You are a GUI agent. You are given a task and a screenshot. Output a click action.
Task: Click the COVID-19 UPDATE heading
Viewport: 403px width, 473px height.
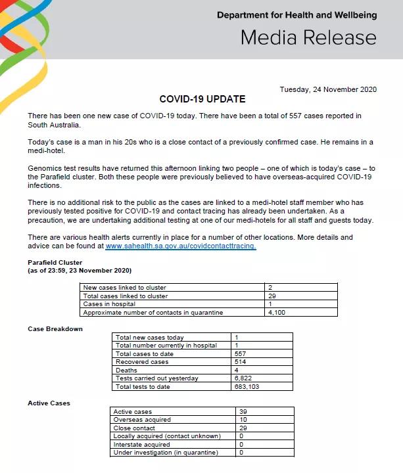coord(202,99)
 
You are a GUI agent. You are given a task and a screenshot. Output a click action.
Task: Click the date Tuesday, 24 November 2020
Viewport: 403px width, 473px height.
coord(328,90)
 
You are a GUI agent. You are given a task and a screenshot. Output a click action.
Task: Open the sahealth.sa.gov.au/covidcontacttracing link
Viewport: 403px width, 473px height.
coord(181,246)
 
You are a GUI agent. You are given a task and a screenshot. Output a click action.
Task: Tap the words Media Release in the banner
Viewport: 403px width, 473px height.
coord(308,37)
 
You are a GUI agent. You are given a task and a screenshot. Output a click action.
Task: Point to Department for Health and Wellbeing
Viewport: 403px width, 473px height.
coord(296,15)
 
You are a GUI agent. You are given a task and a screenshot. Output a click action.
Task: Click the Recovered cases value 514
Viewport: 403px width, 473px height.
coord(241,361)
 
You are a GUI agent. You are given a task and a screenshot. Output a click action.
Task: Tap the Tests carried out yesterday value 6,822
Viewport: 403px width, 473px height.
coord(243,378)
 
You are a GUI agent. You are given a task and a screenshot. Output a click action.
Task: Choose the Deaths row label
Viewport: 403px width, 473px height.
coord(126,370)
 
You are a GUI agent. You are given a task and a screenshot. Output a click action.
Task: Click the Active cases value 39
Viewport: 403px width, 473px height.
coord(245,412)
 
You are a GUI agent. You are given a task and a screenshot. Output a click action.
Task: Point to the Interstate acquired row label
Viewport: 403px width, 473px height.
coord(141,444)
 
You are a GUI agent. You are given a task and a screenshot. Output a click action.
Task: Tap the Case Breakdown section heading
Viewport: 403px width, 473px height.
coord(55,328)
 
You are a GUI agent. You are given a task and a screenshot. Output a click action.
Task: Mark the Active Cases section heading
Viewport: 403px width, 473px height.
coord(49,403)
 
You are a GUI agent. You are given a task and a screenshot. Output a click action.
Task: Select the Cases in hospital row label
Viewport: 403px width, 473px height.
coord(109,304)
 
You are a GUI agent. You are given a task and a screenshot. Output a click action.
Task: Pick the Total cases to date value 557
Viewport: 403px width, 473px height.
coord(241,353)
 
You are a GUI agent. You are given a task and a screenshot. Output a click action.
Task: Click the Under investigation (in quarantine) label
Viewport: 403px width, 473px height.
coord(165,452)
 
